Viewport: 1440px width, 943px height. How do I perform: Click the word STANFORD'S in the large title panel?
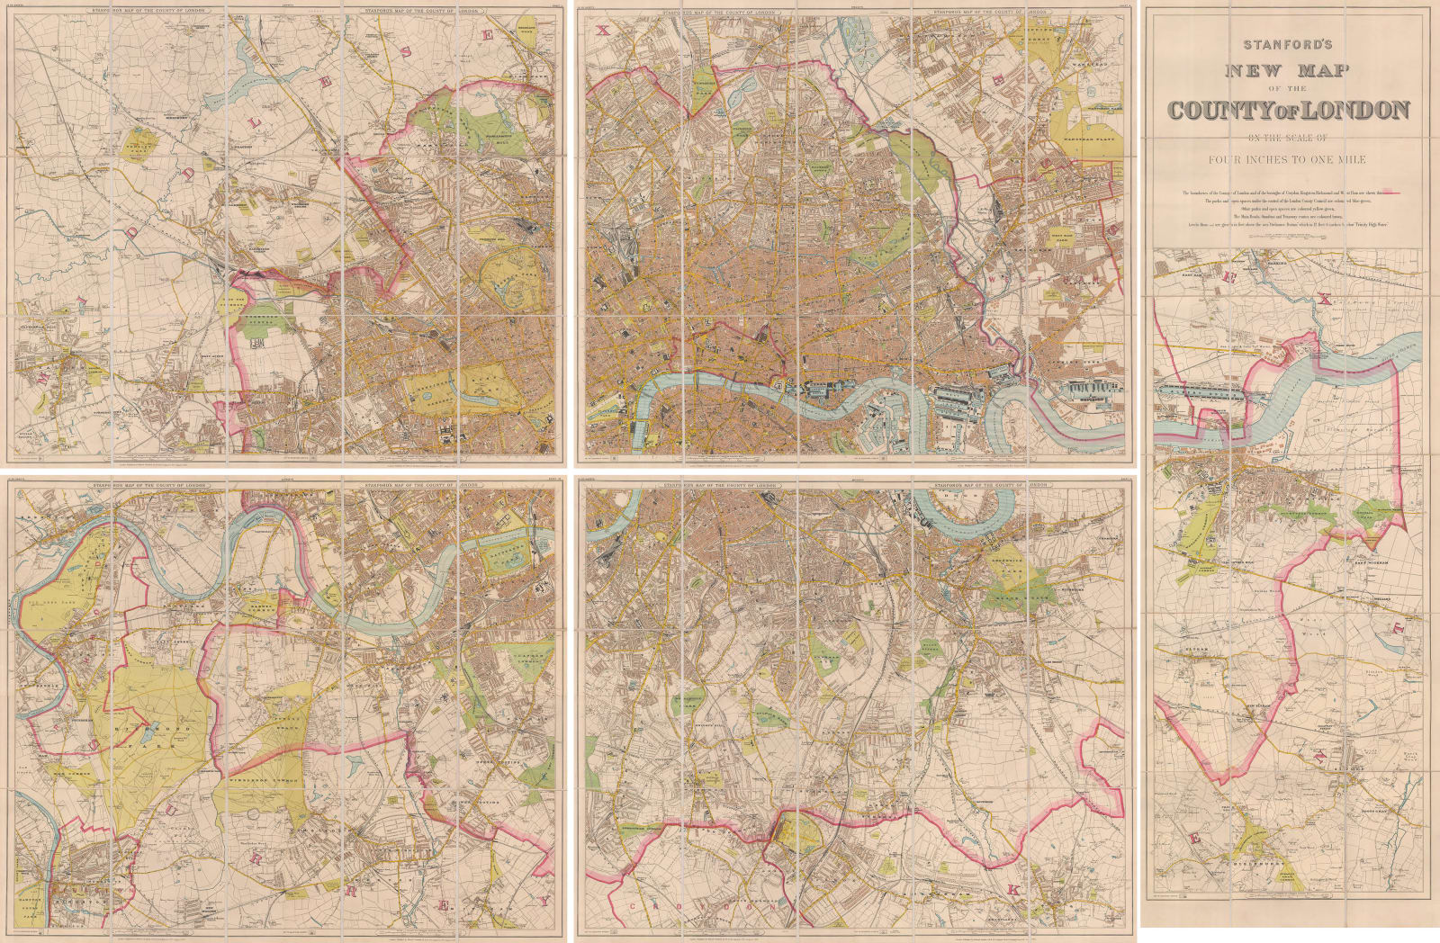1288,44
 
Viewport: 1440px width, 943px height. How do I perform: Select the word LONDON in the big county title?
1353,111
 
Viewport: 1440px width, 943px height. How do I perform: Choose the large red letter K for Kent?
1014,890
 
